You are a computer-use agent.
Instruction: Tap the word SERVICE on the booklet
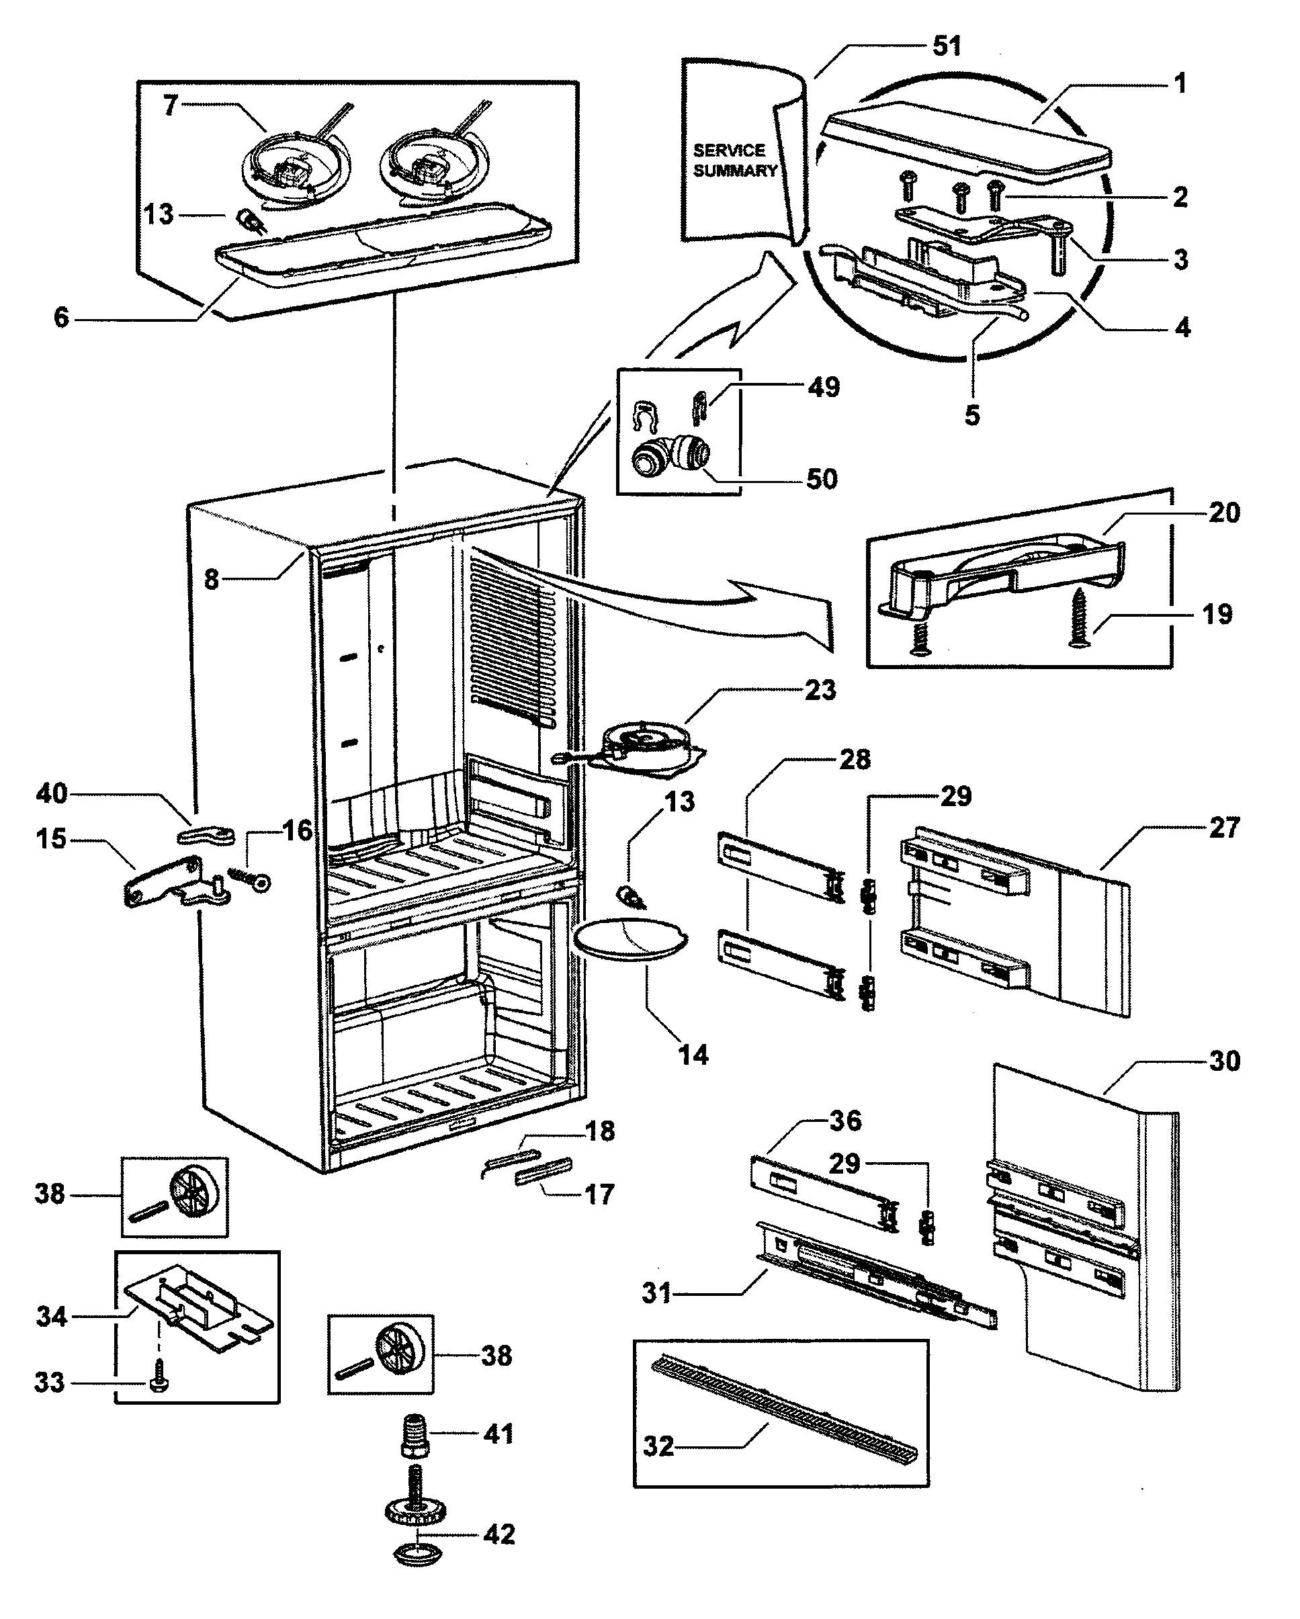[728, 150]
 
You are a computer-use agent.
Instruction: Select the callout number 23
[820, 690]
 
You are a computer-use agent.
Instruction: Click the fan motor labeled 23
[646, 744]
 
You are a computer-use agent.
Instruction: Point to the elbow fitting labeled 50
[670, 457]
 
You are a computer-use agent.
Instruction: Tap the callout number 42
[499, 1534]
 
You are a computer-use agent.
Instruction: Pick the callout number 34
[51, 1317]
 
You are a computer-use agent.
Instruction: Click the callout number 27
[1223, 828]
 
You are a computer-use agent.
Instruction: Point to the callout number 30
[1223, 1061]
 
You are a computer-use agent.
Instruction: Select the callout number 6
[61, 318]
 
